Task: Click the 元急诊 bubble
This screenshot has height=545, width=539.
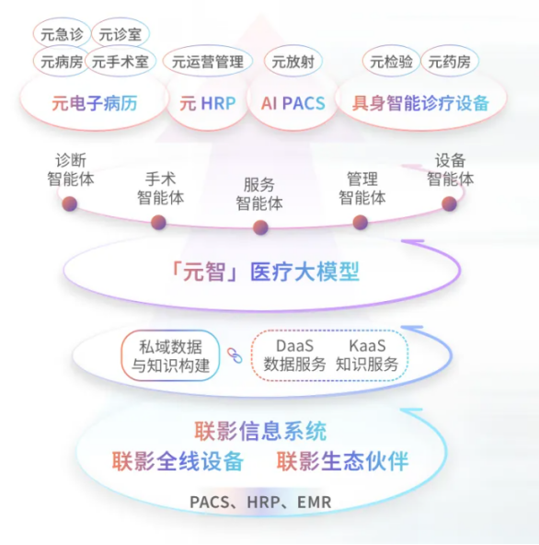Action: click(63, 34)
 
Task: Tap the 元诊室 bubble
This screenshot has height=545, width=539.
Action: click(120, 34)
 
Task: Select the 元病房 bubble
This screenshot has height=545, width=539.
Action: click(62, 62)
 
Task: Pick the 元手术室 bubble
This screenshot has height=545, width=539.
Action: click(120, 62)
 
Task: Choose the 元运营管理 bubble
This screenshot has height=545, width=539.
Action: click(208, 62)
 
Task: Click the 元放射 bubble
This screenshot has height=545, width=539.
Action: click(293, 62)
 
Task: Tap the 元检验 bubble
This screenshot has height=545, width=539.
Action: click(392, 62)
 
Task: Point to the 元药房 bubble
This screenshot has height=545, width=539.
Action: click(450, 62)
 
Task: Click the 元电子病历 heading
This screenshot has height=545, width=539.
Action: click(95, 103)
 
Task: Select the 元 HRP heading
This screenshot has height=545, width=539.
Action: click(208, 103)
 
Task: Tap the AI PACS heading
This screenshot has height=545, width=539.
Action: click(293, 103)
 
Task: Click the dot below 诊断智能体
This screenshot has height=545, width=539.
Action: click(70, 203)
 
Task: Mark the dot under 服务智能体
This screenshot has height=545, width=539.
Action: click(260, 227)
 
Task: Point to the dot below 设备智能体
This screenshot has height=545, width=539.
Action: click(449, 203)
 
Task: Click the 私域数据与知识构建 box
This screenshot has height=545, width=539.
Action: click(170, 355)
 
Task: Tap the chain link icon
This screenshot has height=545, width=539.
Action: click(235, 355)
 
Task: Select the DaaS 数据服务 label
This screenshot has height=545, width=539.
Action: click(294, 355)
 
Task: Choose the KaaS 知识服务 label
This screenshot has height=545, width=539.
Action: click(367, 355)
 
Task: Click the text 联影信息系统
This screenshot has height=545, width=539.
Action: click(260, 431)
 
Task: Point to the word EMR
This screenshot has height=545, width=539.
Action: click(315, 503)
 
